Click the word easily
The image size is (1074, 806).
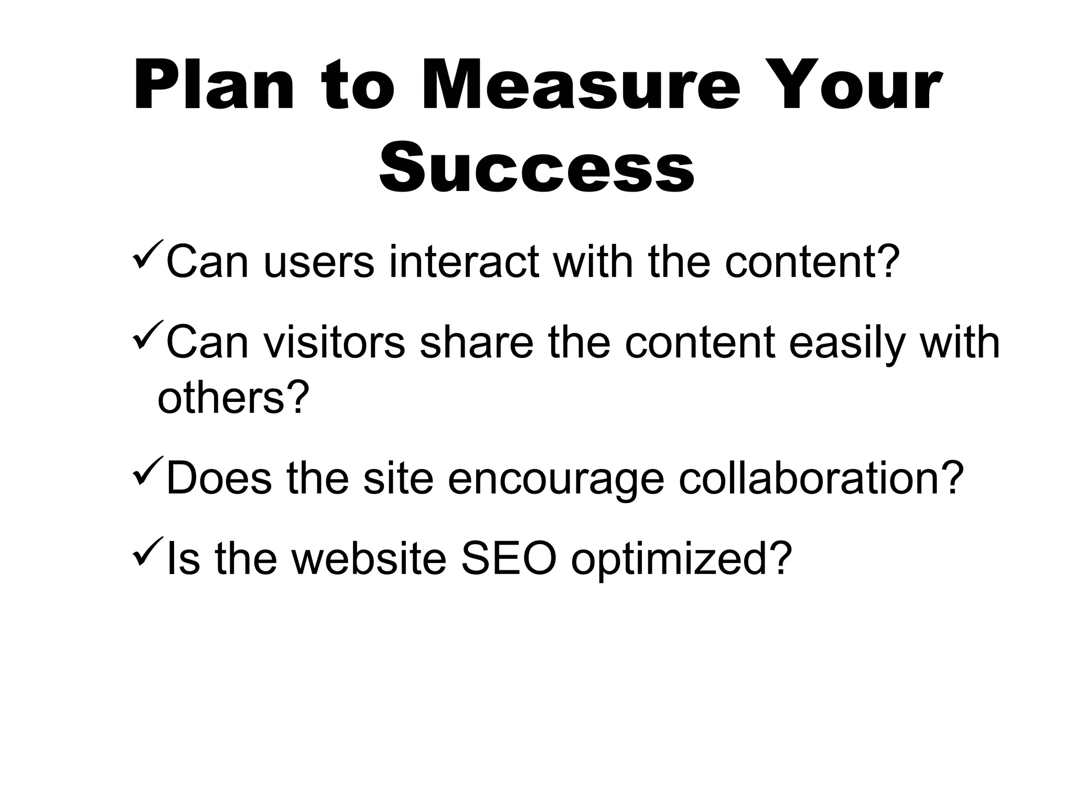click(847, 344)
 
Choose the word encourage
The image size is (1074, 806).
click(555, 479)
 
